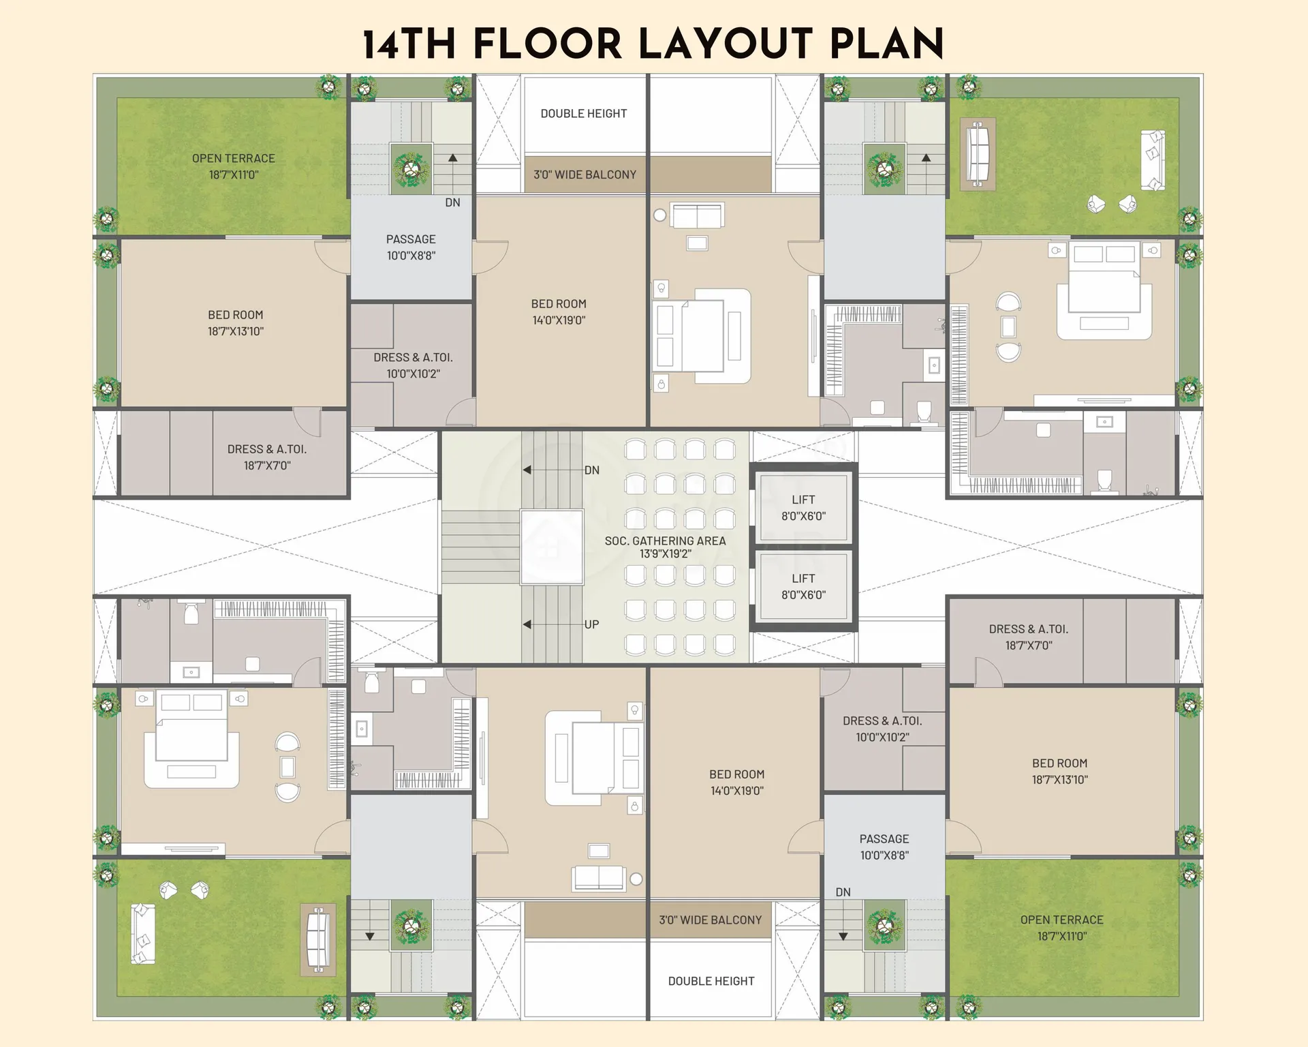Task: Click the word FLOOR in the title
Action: (x=548, y=44)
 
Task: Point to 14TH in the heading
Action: (x=409, y=44)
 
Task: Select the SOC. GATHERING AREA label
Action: (x=665, y=541)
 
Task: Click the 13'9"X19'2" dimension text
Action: (x=665, y=553)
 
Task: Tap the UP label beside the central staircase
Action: (x=591, y=624)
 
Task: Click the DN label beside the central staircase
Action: (x=591, y=470)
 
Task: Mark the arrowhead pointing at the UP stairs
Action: (x=527, y=624)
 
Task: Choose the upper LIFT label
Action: (x=803, y=500)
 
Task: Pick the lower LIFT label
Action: (x=803, y=578)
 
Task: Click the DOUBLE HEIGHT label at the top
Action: (x=584, y=114)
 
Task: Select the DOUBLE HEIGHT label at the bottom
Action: (x=711, y=981)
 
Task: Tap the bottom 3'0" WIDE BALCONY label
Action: (x=711, y=920)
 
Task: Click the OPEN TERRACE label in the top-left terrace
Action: (x=234, y=158)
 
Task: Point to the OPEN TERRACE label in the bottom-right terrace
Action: (x=1062, y=920)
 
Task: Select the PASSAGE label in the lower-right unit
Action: (x=884, y=839)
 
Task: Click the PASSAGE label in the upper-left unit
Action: (x=411, y=239)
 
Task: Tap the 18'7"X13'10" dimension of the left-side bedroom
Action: (x=236, y=331)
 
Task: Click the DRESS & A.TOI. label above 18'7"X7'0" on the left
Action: (x=267, y=449)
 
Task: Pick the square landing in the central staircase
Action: (x=552, y=547)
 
